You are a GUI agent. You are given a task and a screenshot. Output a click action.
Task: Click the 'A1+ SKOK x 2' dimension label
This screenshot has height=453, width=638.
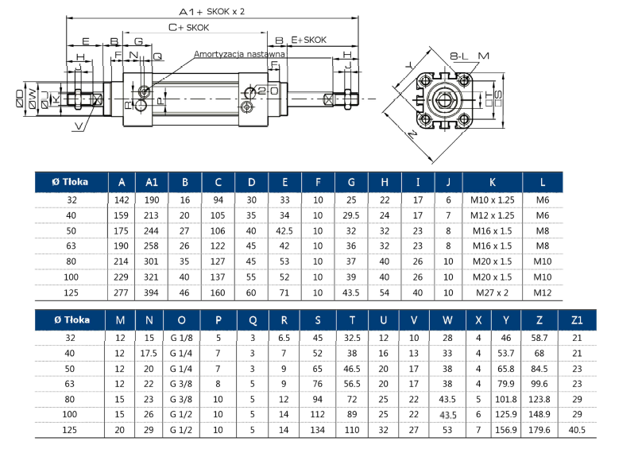click(x=211, y=12)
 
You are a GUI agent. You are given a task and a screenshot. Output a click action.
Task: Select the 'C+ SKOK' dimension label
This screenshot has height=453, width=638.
click(x=188, y=27)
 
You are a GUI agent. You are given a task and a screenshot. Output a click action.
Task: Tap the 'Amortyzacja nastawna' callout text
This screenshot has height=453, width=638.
click(x=239, y=54)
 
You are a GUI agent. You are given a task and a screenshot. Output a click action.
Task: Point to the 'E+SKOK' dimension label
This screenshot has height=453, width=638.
click(x=309, y=39)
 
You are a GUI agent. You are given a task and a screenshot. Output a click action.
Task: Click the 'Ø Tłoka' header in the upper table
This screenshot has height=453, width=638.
click(x=70, y=181)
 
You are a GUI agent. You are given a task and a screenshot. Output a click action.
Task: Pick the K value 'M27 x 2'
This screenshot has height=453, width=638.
click(x=493, y=293)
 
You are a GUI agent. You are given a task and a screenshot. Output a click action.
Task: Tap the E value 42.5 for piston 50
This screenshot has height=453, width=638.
click(x=284, y=230)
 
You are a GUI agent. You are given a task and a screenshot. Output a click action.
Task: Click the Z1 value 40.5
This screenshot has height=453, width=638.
click(x=577, y=430)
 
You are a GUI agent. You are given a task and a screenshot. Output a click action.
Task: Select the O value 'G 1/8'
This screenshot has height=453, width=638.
click(x=182, y=337)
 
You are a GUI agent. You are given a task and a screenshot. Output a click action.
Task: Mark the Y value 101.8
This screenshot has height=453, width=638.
click(x=507, y=399)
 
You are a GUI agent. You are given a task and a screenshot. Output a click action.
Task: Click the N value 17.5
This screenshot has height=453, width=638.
click(x=149, y=352)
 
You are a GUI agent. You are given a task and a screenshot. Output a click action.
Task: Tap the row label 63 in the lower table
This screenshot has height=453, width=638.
click(x=70, y=383)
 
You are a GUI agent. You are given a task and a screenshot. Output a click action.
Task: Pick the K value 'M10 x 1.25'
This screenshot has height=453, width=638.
click(x=493, y=200)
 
